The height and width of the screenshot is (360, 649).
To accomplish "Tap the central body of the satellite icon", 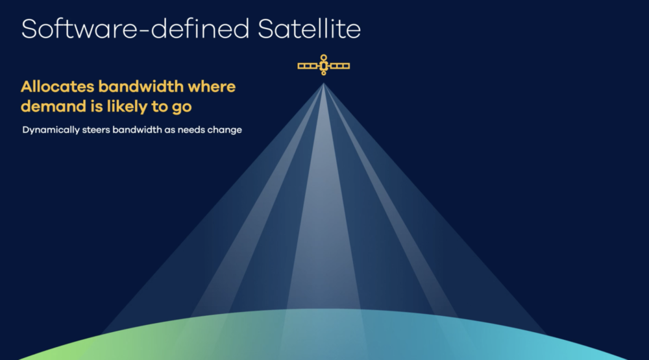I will click(323, 66).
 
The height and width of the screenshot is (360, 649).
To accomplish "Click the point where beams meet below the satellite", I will click(323, 84).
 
